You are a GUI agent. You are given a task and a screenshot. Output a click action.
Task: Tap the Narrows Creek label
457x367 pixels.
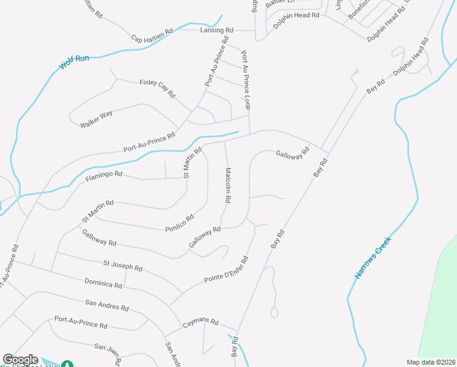373,258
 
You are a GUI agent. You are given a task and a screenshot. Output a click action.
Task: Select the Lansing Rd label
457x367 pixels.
217,30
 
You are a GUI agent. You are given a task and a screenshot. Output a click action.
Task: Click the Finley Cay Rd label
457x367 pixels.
157,89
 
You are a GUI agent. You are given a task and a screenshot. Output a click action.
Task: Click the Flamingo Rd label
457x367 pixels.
104,176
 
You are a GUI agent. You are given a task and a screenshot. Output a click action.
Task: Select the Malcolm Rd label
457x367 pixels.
227,185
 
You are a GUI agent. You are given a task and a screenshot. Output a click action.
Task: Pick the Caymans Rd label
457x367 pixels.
201,322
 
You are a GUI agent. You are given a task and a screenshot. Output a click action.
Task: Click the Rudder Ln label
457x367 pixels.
298,2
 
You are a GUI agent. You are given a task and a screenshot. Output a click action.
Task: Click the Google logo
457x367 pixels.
20,360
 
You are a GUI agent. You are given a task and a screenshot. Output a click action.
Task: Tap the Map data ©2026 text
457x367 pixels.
431,362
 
